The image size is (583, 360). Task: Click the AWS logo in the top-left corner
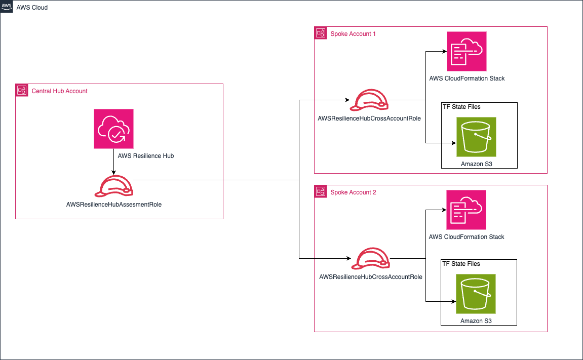[7, 7]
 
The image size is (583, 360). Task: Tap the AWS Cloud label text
[32, 8]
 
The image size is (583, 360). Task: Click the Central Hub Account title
[59, 91]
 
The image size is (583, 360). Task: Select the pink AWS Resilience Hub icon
[113, 129]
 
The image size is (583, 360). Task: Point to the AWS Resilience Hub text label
[145, 156]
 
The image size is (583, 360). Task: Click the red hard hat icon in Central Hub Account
[114, 187]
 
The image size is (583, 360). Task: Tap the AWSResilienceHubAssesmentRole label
[114, 205]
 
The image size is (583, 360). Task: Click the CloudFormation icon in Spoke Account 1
[466, 51]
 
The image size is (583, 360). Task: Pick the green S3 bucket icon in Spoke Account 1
[476, 137]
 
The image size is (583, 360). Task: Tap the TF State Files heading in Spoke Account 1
[461, 107]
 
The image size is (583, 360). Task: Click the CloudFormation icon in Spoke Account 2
[466, 210]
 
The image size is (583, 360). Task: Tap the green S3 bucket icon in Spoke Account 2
[476, 294]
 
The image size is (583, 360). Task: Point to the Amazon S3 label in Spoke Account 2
[476, 321]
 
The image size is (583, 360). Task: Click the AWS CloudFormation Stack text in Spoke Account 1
[467, 78]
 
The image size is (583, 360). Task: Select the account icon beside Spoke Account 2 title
[321, 192]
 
